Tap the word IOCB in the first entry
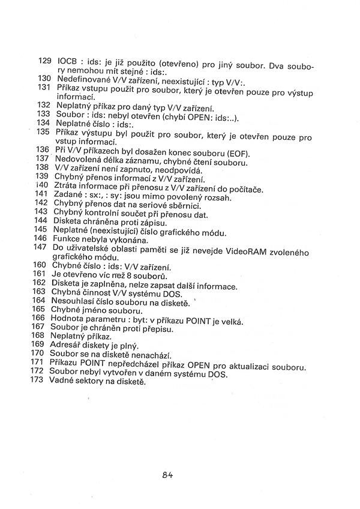(66, 61)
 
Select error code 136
(42, 149)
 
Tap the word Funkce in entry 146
(66, 238)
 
